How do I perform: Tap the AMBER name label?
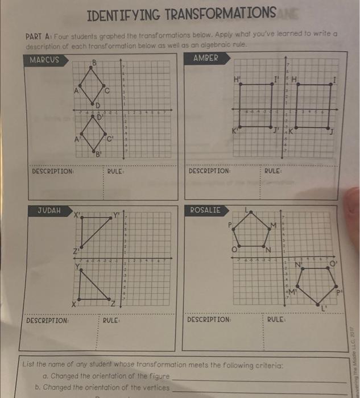[x=206, y=58]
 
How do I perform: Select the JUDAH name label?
[x=48, y=210]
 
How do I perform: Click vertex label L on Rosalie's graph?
[x=246, y=210]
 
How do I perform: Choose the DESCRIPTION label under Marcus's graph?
[x=53, y=171]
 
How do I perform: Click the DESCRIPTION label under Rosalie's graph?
[x=209, y=320]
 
